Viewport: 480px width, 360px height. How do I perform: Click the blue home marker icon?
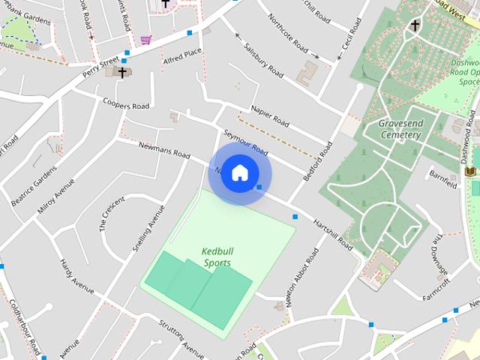click(239, 172)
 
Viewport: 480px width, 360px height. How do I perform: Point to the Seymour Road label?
click(245, 141)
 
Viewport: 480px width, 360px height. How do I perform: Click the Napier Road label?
click(271, 115)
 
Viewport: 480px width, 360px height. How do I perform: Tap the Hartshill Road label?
click(333, 233)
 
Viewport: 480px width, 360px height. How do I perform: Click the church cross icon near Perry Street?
click(120, 72)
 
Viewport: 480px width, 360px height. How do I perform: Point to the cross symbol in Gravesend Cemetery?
click(415, 26)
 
